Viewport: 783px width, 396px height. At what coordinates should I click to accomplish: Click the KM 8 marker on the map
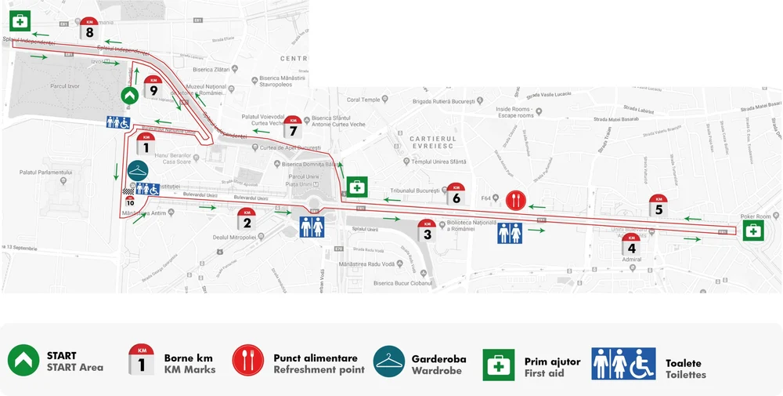89,29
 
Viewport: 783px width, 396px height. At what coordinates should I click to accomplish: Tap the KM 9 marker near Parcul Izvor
153,88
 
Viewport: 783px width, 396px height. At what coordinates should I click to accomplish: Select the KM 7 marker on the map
293,125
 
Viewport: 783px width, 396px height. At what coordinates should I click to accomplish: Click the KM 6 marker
456,194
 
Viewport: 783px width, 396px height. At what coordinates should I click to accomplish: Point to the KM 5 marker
659,205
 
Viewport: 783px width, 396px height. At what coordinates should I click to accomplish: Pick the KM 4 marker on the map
632,245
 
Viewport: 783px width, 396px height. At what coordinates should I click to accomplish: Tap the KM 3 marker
427,230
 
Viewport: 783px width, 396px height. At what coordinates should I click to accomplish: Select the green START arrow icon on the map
131,96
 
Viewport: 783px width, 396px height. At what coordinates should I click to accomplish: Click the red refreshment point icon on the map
514,201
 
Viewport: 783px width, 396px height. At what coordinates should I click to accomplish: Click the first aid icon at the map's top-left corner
20,21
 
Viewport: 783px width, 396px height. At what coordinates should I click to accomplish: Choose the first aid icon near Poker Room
753,231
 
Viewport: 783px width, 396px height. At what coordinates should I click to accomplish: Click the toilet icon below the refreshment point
510,233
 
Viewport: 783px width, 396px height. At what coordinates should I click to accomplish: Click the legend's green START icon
23,361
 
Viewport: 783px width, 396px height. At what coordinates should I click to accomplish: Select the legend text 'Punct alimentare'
316,358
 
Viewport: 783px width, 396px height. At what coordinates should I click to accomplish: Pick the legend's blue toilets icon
623,364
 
